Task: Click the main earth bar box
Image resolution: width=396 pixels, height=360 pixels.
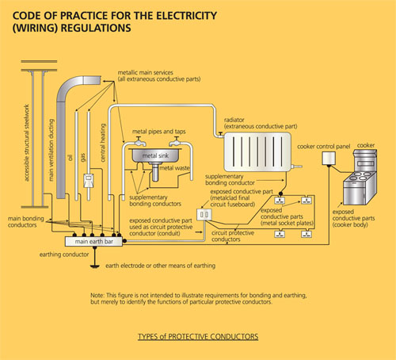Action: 93,242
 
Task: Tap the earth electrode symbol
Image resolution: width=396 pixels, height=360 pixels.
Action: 95,266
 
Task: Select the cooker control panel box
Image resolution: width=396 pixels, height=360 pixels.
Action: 329,159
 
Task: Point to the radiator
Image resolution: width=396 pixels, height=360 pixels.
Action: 257,152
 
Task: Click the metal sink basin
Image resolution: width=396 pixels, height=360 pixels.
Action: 156,155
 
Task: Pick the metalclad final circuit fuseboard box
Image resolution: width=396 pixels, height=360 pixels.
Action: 204,215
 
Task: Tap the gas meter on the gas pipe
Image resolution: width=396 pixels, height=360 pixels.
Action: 89,181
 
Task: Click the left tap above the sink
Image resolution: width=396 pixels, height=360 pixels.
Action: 139,142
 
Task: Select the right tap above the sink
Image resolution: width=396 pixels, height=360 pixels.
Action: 175,142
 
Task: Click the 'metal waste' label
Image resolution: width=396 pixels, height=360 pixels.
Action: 174,168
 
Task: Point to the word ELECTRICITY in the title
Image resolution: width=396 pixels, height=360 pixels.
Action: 187,16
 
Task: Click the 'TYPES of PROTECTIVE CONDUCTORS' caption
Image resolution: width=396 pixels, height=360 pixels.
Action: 198,336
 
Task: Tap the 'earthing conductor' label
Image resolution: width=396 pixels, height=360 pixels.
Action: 64,255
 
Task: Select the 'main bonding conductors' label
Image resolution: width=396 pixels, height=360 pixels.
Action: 26,222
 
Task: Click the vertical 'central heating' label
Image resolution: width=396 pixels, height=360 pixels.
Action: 103,143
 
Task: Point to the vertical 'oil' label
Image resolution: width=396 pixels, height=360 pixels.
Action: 70,158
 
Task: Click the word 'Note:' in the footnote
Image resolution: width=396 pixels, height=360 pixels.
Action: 97,295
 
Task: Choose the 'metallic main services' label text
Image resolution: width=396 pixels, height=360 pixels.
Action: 146,72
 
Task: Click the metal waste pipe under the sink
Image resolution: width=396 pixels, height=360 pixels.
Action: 155,172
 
